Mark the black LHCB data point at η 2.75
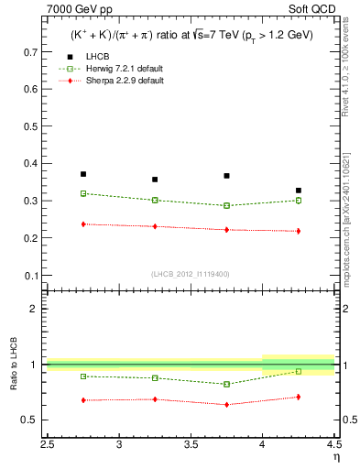pos(83,174)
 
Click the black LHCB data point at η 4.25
pos(298,191)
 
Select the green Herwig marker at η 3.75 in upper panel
pos(226,205)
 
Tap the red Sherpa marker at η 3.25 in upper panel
pos(155,226)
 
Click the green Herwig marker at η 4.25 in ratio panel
pos(298,371)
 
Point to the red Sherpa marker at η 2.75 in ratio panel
pos(83,400)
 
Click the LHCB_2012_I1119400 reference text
pos(191,274)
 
